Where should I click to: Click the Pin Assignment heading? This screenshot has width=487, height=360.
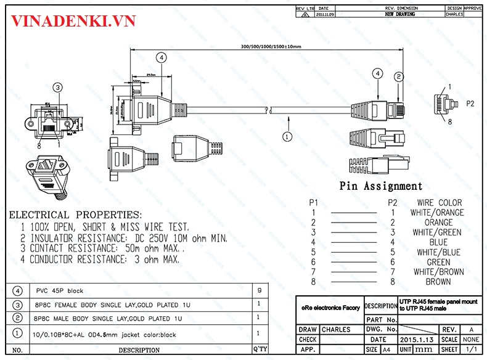[x=381, y=186]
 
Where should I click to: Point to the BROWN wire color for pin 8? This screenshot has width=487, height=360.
[x=438, y=282]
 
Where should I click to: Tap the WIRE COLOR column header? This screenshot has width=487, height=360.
[x=439, y=203]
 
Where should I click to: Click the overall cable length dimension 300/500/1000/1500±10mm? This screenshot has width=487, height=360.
[x=271, y=47]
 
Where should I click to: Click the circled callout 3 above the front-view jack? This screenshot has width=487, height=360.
[x=57, y=88]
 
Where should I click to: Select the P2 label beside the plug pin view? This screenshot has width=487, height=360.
[x=470, y=103]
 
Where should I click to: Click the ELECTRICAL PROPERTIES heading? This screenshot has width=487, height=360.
[x=75, y=215]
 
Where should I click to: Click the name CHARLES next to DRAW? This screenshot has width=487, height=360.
[x=335, y=330]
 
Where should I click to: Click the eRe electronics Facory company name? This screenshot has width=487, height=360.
[x=330, y=306]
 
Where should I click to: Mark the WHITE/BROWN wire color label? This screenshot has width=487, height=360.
[x=438, y=272]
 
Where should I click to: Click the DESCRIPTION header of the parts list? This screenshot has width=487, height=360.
[x=139, y=350]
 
